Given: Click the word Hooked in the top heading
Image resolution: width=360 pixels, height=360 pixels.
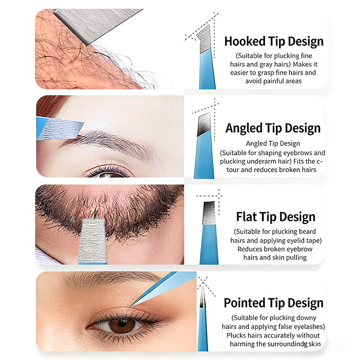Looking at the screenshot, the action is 245,41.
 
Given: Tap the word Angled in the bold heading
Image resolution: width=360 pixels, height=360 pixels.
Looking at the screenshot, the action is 244,129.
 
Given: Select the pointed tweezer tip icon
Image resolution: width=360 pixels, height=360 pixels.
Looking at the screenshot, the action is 203,319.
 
